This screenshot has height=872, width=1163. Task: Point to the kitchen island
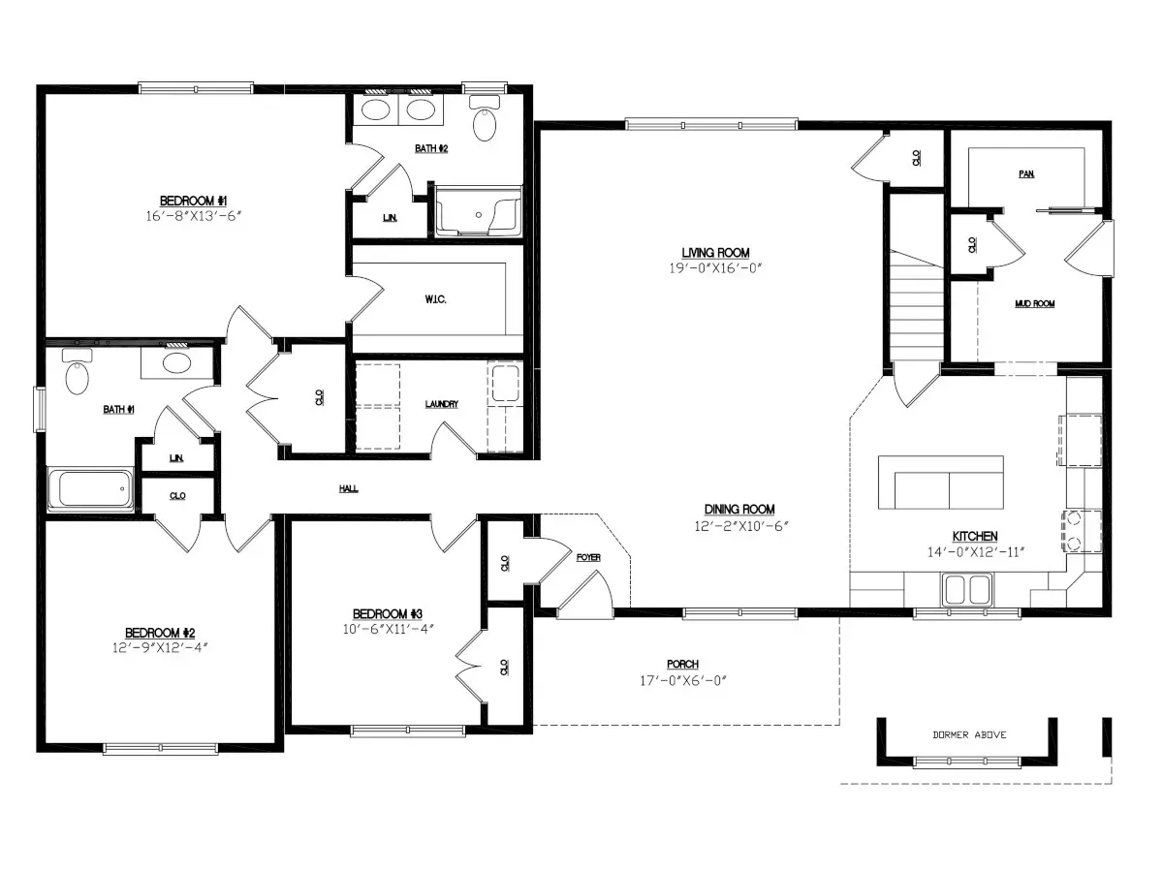pos(941,483)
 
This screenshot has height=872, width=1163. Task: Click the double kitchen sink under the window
pos(967,588)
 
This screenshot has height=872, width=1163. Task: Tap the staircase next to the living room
pos(917,305)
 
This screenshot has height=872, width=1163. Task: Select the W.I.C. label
pos(435,299)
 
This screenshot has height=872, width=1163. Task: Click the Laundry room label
pos(442,404)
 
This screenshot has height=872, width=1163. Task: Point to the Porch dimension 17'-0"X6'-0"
pos(682,680)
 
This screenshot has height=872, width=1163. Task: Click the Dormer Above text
pos(969,734)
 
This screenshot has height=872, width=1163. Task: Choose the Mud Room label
pos(1035,304)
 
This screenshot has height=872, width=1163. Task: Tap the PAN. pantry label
pos(1026,174)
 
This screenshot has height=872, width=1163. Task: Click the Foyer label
pos(588,557)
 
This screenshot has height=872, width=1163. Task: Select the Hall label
pos(349,489)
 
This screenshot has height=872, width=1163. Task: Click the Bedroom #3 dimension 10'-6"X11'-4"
pos(387,628)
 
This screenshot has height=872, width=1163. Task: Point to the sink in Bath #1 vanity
pos(175,363)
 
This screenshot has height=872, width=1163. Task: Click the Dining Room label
pos(739,510)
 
